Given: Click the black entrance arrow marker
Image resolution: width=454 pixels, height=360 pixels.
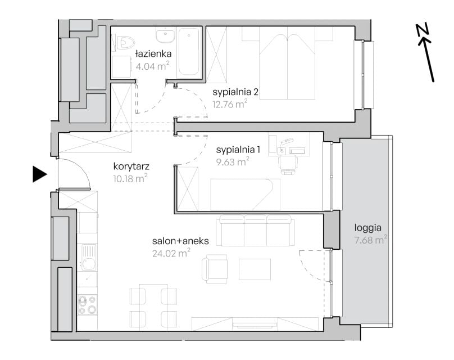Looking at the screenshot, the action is (40, 174).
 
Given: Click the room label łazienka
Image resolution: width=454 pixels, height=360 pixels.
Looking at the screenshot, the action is (153, 53).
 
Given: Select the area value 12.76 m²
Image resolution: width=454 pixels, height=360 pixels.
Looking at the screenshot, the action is (230, 103).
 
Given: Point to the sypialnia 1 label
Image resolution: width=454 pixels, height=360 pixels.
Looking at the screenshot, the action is (238, 150).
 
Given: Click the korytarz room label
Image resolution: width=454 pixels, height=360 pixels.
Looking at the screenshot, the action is (131, 166).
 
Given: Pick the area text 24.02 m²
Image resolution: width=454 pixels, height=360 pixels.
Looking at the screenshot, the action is (171, 253).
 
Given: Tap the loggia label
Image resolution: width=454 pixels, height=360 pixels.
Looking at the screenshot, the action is (367, 228).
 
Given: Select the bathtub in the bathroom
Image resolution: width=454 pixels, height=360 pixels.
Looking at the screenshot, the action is (189, 52).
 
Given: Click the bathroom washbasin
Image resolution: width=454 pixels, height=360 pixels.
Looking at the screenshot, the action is (165, 35).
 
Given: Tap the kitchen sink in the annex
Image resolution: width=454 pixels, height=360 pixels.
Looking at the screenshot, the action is (89, 257).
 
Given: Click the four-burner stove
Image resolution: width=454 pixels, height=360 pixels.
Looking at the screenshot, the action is (88, 305).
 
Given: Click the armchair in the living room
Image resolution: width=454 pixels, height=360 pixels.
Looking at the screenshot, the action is (215, 269).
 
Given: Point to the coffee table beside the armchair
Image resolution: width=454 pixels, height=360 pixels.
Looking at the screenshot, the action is (255, 269).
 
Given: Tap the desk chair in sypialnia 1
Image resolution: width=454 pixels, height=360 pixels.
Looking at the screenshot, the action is (288, 165).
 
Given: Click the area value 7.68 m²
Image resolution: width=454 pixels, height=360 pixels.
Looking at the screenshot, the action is (371, 240).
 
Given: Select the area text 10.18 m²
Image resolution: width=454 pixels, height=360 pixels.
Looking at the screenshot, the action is (130, 178).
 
